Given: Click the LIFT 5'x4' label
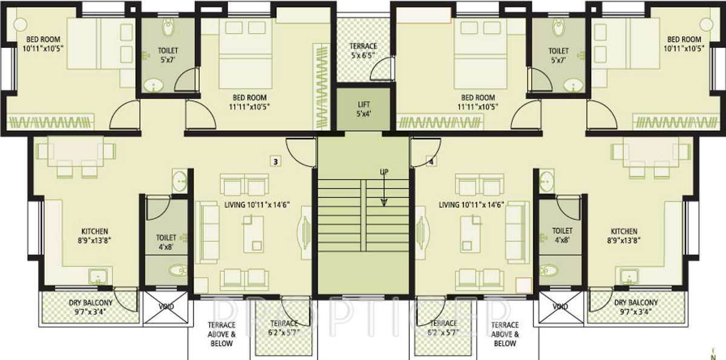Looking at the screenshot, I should (x=364, y=109).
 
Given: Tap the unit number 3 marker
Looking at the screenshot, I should (x=275, y=162).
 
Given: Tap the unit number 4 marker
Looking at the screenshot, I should (x=431, y=162).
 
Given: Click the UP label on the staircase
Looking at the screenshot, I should (x=384, y=172).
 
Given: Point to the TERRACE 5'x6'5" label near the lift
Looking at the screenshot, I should (x=363, y=51).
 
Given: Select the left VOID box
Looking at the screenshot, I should (x=166, y=307).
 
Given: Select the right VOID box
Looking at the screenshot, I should (x=560, y=307).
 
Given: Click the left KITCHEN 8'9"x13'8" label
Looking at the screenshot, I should (x=95, y=235).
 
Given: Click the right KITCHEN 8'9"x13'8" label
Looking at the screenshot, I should (x=624, y=235).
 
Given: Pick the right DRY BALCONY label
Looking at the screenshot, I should (x=636, y=307).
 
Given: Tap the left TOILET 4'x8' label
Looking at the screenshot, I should (x=166, y=242).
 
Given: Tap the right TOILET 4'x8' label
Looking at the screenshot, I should (x=562, y=235).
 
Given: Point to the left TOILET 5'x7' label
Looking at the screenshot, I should (x=168, y=55).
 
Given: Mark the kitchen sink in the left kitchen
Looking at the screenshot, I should (x=97, y=278).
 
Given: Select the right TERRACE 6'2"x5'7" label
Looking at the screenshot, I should (x=445, y=327).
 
